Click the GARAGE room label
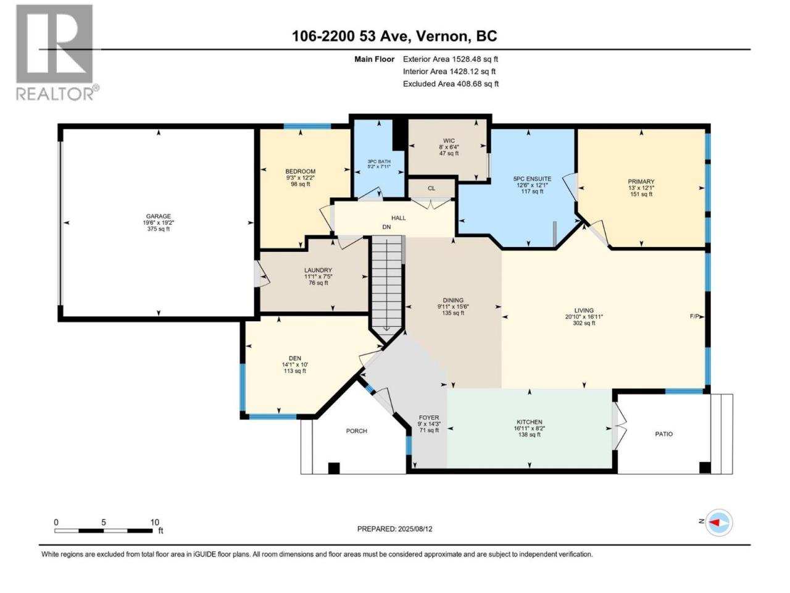tap(159, 216)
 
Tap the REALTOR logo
tap(57, 53)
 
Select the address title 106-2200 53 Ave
tap(351, 36)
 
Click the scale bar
tap(103, 531)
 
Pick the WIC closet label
tap(449, 141)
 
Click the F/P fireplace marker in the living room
tap(694, 316)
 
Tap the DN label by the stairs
tap(386, 227)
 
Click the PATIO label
tap(663, 434)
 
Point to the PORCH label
tap(356, 431)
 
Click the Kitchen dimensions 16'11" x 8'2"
tap(530, 429)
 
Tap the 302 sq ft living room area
tap(584, 323)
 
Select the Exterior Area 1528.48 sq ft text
tap(451, 59)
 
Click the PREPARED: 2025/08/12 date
tap(395, 529)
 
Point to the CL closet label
tap(431, 188)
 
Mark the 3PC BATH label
tap(378, 162)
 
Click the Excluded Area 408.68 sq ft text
tap(451, 84)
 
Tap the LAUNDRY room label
tap(318, 270)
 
